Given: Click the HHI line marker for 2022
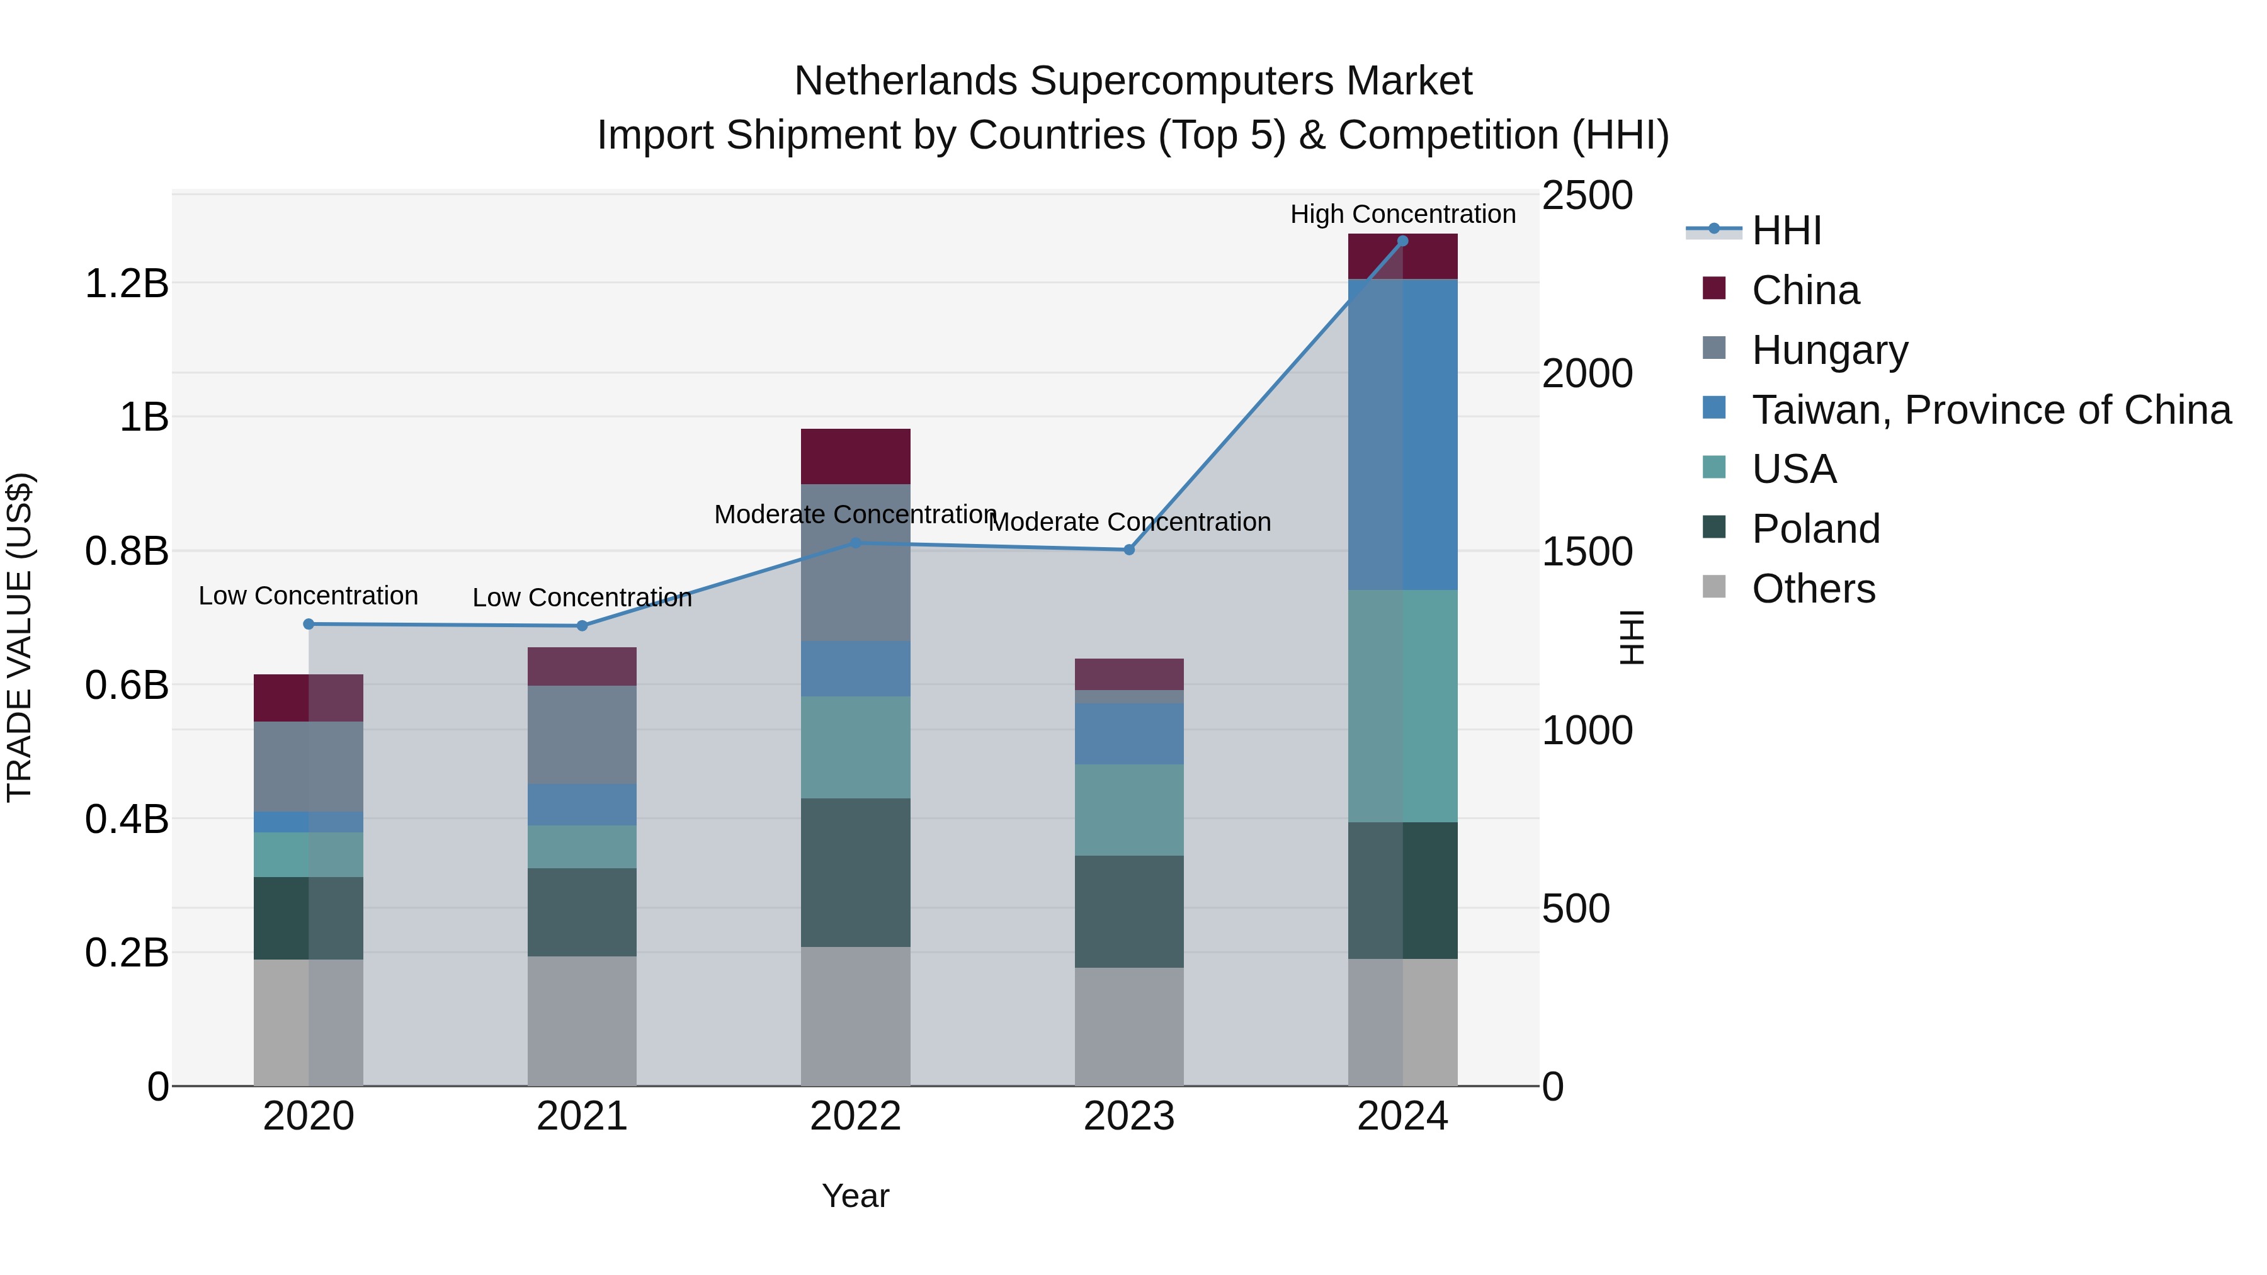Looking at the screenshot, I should [x=855, y=543].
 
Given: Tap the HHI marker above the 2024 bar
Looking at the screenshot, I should [x=1403, y=241].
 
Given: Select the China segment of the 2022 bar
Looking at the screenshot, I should [x=855, y=456].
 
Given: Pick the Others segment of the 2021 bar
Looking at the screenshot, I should [x=582, y=1021].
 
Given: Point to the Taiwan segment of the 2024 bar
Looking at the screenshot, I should [x=1403, y=434].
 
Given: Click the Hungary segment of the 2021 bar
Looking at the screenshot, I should [x=582, y=735].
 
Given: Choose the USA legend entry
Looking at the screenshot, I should [x=1793, y=469].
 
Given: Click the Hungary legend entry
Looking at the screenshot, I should [x=1829, y=350].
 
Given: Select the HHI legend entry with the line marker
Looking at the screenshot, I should [x=1786, y=230].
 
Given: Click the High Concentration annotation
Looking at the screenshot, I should [x=1403, y=215].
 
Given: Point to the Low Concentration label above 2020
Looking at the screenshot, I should [x=308, y=596].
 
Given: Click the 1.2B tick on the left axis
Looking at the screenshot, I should [x=127, y=284].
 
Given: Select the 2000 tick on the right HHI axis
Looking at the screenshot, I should [x=1587, y=374].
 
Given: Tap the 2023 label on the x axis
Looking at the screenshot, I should [x=1129, y=1116].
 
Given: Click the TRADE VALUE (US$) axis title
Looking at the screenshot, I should [x=20, y=637].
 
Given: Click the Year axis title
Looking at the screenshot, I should [x=855, y=1196].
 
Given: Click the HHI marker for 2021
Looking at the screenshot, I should [x=582, y=626].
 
